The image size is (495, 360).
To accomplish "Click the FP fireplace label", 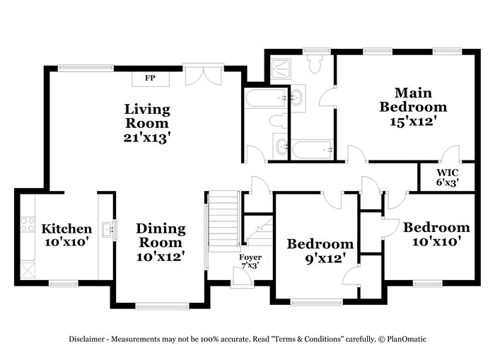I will pos(150,78).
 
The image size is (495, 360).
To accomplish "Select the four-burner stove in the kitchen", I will pos(28,225).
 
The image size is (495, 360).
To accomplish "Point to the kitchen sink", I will pos(107,228).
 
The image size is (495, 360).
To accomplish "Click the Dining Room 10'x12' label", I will pos(161,242).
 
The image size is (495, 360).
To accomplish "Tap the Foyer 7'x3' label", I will pos(250,261).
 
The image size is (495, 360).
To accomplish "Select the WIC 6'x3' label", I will pos(447,177).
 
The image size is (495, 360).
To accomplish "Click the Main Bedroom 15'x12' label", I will pos(413,106).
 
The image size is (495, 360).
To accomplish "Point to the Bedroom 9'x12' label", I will pos(320,251).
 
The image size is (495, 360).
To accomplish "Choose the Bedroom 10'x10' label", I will pos(436,234).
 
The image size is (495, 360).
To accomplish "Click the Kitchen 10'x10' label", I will pos(66,235).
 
